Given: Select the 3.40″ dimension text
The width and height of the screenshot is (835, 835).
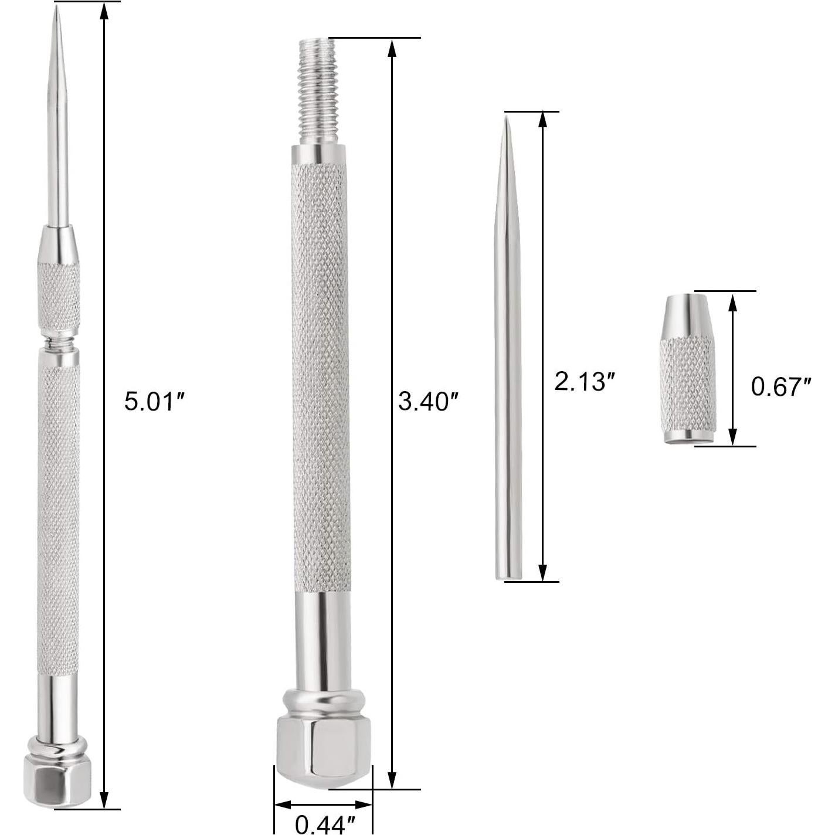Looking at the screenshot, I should pos(427,402).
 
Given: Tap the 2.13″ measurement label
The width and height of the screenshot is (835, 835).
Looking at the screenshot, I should pos(584,382).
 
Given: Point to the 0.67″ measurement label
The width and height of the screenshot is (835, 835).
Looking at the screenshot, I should pos(781,387).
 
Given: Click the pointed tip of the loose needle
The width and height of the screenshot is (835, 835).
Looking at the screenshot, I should pos(505,119).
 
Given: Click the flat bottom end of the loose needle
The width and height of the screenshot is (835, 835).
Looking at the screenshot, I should pos(507,578).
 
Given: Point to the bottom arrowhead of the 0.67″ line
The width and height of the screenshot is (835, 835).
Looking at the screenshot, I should pos(732,437).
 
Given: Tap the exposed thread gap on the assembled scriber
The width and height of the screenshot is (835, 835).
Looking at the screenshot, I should pos(58,341).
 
